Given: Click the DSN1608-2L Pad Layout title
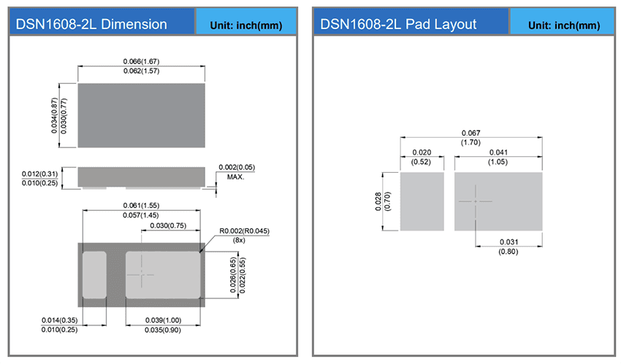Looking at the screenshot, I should pos(398,24).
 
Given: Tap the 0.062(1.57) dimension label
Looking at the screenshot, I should pos(141,71).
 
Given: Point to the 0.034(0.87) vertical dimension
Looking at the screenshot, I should pos(55,115).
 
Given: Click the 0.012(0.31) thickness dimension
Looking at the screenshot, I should pos(41,173).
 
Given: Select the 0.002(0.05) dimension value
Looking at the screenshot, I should pos(236,168).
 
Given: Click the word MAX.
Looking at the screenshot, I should pos(235,177).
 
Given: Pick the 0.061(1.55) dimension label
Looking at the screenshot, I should pos(141,205).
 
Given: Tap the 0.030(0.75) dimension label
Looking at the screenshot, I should pos(167,225).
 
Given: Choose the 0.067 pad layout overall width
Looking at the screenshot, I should pos(471,132).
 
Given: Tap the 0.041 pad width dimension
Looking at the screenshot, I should pos(498,152).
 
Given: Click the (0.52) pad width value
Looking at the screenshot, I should pos(422,161).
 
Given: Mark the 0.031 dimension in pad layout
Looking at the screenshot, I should pos(508,241).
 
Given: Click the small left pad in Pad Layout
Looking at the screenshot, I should pos(422,201).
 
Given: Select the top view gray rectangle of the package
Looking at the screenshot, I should pos(141,115).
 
